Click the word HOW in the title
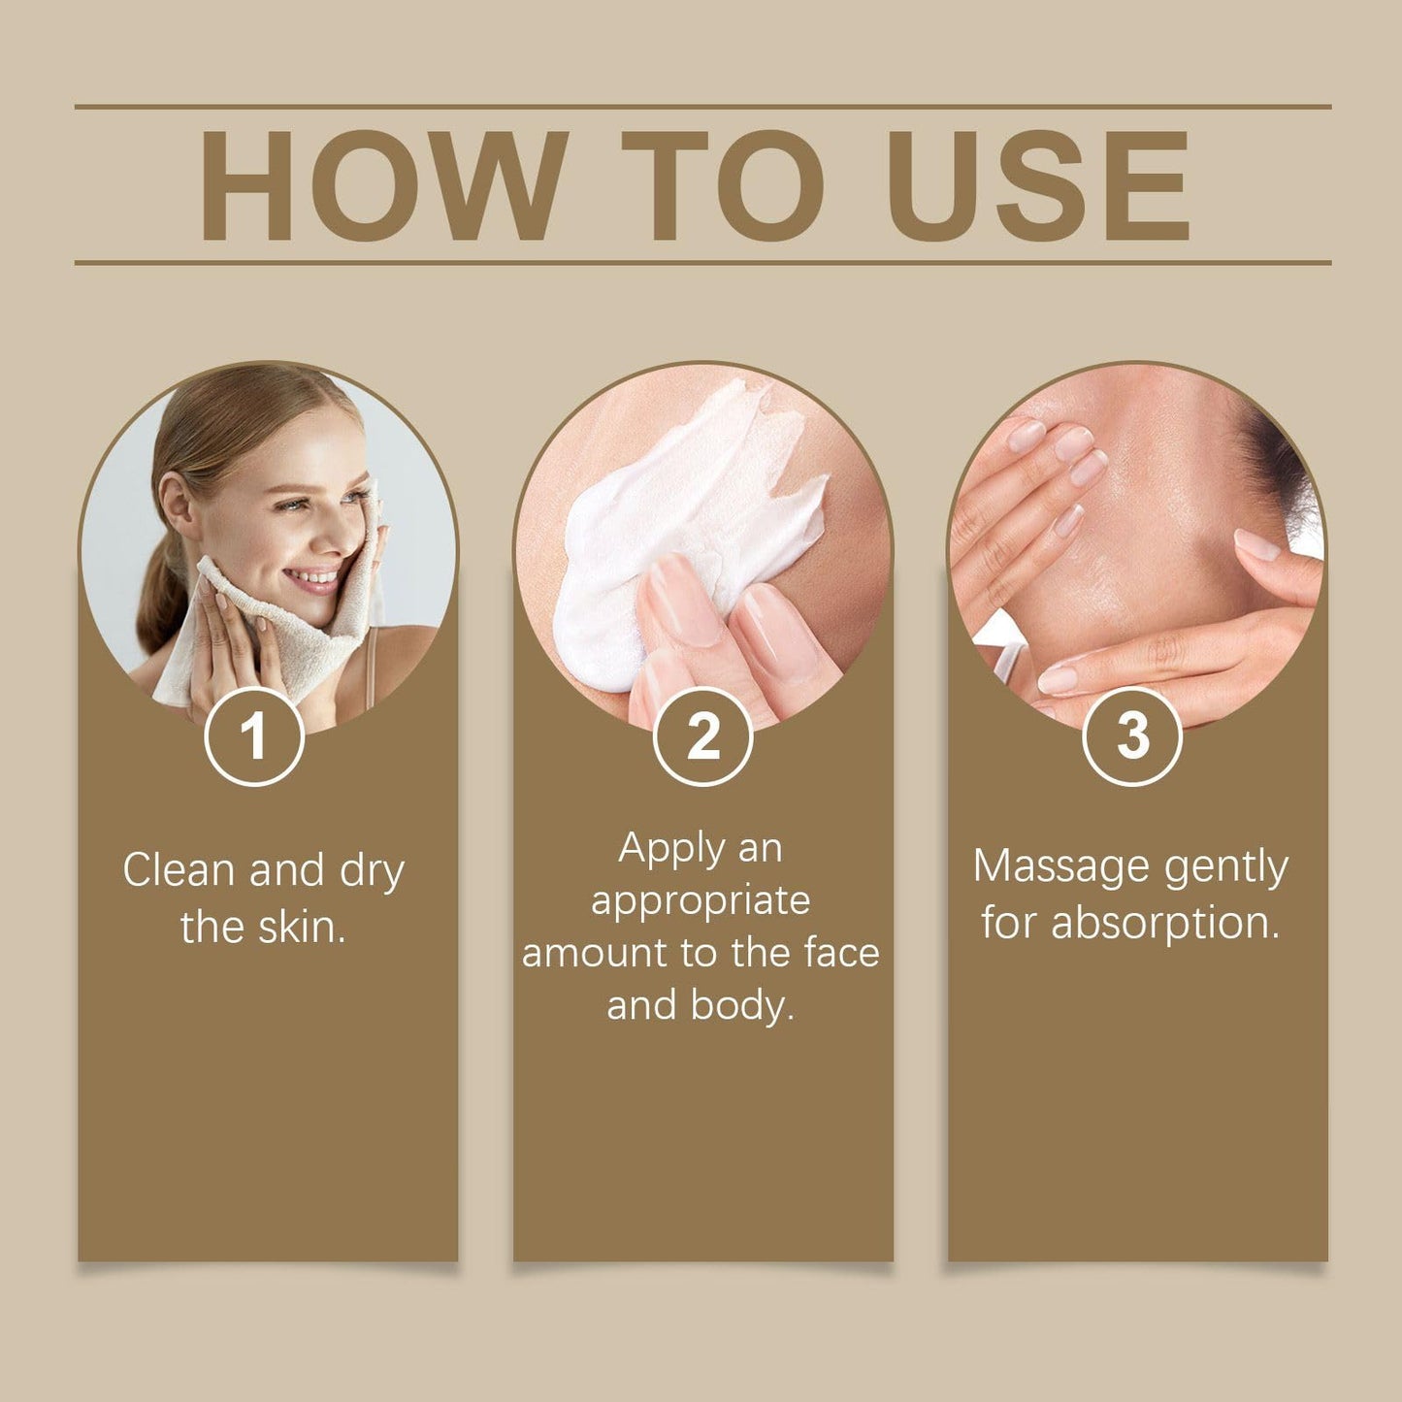(383, 185)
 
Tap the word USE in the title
(1038, 185)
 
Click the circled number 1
(254, 736)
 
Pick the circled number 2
(702, 736)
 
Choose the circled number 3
(1133, 736)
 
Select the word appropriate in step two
(701, 903)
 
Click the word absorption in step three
(1165, 924)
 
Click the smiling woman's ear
(177, 505)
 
